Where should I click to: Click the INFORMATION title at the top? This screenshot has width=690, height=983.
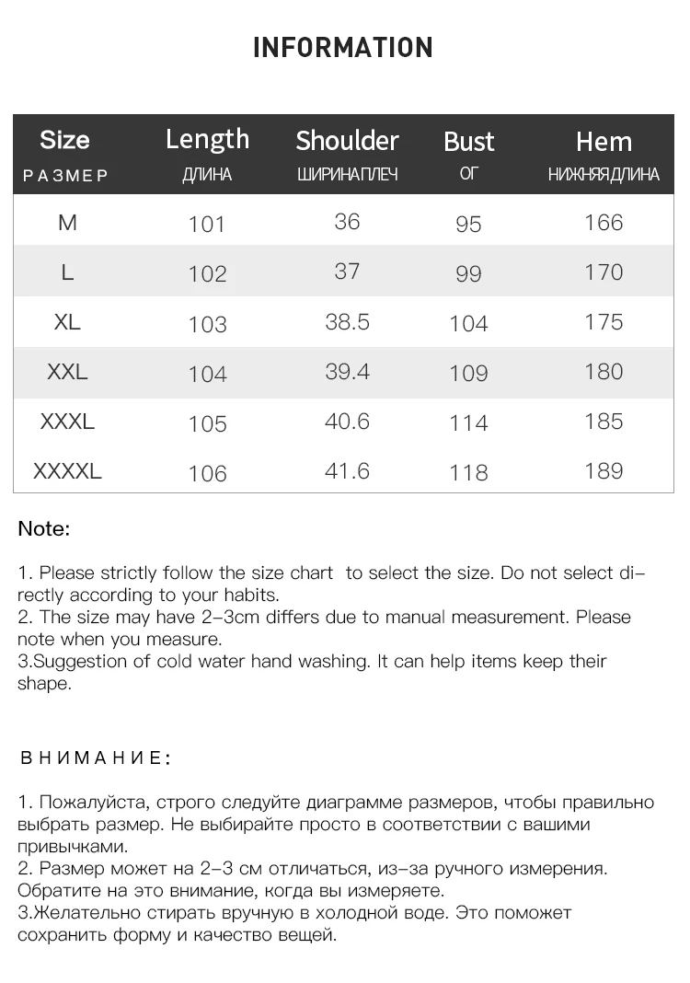tap(343, 48)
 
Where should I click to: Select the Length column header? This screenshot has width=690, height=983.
tap(207, 140)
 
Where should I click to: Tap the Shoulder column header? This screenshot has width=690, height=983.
tap(347, 141)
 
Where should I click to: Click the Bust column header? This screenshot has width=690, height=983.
tap(468, 142)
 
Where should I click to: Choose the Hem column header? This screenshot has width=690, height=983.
tap(604, 142)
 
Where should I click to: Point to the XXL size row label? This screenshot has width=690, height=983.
tap(67, 372)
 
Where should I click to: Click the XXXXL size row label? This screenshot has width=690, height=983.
tap(67, 472)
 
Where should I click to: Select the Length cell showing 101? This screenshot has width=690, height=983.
tap(207, 225)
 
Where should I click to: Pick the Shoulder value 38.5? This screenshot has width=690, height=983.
tap(347, 322)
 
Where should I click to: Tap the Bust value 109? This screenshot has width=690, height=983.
tap(468, 374)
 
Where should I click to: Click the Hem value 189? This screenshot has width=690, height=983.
tap(604, 471)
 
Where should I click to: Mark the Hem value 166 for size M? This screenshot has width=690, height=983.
tap(604, 223)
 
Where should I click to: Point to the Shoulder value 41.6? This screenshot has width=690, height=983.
tap(347, 471)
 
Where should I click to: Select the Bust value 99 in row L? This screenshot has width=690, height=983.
tap(468, 273)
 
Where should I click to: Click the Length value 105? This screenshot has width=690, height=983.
tap(207, 423)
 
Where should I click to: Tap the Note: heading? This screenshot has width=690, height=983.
tap(44, 529)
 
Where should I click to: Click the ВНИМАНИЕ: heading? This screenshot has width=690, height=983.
tap(95, 758)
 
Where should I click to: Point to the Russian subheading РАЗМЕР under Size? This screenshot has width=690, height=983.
tap(65, 175)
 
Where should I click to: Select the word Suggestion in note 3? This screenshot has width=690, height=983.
tap(73, 662)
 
